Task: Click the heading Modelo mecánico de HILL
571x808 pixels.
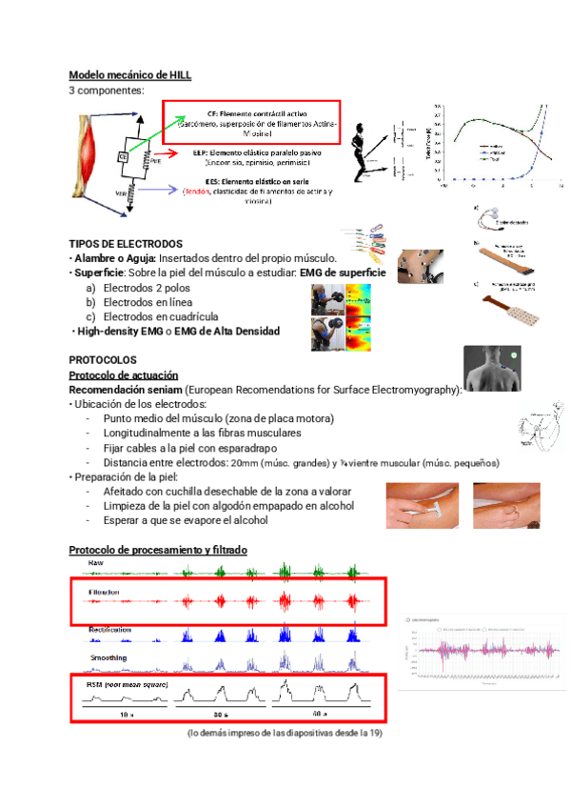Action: [x=130, y=75]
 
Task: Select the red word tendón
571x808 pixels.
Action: [x=198, y=191]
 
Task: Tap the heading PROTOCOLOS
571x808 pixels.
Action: [x=103, y=360]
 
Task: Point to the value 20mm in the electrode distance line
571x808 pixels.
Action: [x=245, y=463]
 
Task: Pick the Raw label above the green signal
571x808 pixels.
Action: [x=96, y=563]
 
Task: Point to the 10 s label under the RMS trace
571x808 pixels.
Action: [x=126, y=713]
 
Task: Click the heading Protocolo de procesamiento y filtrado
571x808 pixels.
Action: [x=157, y=551]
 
